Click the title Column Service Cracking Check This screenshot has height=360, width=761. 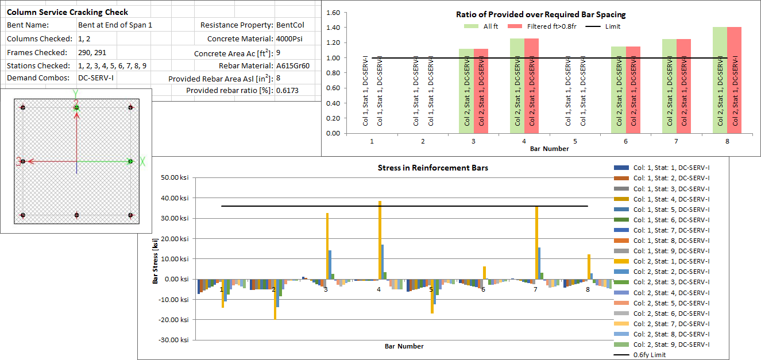(67, 12)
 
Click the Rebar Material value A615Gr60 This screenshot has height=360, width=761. (293, 65)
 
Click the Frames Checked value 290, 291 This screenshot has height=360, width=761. (93, 52)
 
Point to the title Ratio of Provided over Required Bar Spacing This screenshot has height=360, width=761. (540, 14)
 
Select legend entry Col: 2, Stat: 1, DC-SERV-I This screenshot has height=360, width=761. (671, 261)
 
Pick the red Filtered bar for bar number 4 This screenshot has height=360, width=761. (531, 86)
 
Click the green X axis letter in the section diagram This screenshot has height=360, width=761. (142, 162)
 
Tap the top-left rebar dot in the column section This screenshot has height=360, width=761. (23, 107)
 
